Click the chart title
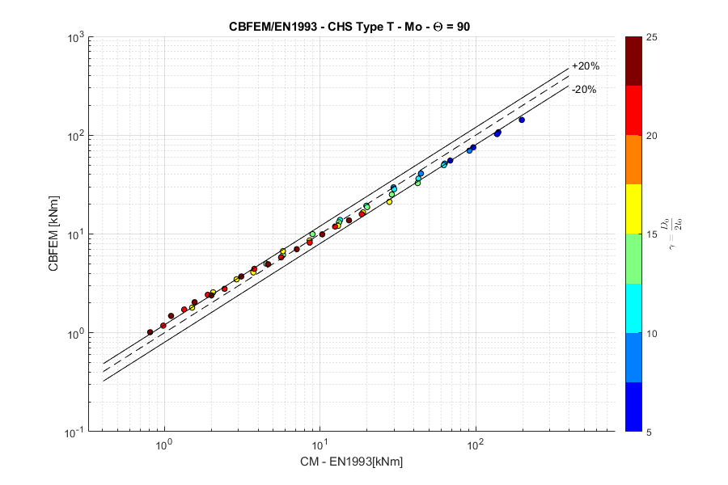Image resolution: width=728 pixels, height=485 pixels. [x=349, y=27]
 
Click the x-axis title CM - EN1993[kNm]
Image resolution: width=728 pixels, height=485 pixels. [x=349, y=462]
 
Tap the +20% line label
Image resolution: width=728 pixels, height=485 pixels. [x=585, y=66]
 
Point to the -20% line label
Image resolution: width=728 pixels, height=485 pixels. [x=583, y=90]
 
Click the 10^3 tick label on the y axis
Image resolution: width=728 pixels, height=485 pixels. [x=75, y=37]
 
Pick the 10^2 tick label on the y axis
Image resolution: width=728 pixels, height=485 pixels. [x=75, y=136]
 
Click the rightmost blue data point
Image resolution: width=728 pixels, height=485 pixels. [x=522, y=120]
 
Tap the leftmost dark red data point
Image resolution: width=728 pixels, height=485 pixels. [x=150, y=332]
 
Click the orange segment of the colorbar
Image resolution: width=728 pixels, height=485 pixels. [x=634, y=159]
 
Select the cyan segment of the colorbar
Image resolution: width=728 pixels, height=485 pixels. [x=634, y=308]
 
